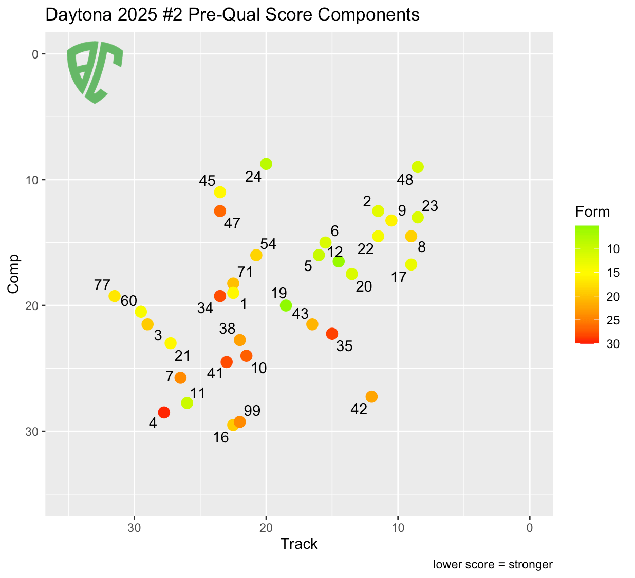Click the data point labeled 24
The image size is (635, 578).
(x=266, y=164)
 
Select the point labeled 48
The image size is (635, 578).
(x=418, y=167)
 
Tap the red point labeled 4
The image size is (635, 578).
(x=164, y=412)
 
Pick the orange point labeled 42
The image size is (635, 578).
(x=371, y=396)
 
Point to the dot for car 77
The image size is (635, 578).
(x=115, y=296)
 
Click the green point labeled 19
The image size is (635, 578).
(x=286, y=305)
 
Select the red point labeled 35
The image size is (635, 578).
(x=332, y=334)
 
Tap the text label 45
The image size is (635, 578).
(x=207, y=181)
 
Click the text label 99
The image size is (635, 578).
(x=252, y=411)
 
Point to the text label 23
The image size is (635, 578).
(x=430, y=206)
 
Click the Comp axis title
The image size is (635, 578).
(x=14, y=274)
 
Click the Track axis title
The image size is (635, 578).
(x=299, y=544)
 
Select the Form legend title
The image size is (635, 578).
(x=592, y=211)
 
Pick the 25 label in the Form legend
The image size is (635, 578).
(x=613, y=320)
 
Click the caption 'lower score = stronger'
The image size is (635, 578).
(x=493, y=565)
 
